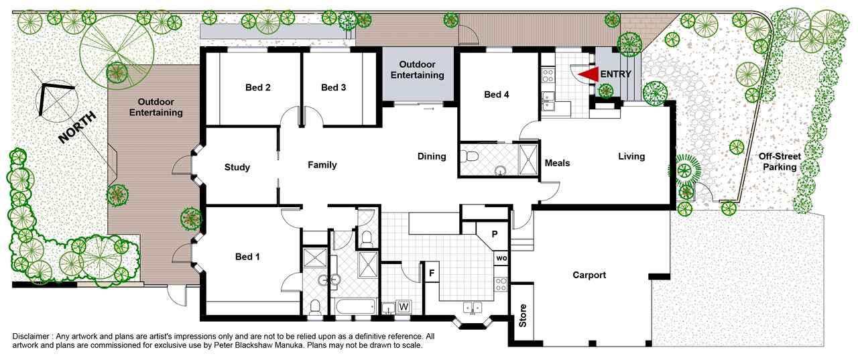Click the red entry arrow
pos(589,74)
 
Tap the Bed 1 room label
pos(247,257)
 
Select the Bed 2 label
pos(258,87)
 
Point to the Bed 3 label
pos(333,87)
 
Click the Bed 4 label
pos(497,95)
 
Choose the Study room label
pos(237,167)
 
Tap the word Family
pos(322,165)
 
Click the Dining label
pos(432,156)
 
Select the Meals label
pos(557,163)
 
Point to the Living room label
pos(631,156)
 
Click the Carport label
pos(589,275)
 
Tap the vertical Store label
pos(522,316)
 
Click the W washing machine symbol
pos(404,307)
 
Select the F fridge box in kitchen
pos(432,273)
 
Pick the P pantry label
pos(495,234)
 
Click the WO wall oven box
pos(501,258)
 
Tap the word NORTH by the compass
pos(77,127)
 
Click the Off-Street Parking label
pos(780,162)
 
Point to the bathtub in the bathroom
pos(355,306)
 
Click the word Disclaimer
pos(31,337)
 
